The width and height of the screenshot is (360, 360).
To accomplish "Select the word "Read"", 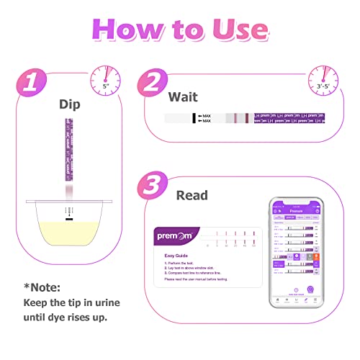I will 192,195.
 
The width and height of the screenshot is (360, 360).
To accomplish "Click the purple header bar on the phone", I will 302,206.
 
